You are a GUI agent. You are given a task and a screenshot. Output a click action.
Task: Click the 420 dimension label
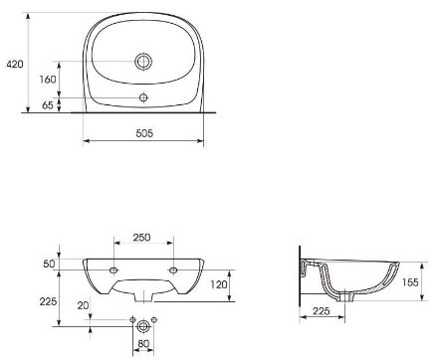tap(15, 64)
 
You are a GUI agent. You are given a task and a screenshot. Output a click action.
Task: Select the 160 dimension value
tap(48, 80)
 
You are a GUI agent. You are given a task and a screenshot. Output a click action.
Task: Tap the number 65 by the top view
tap(48, 105)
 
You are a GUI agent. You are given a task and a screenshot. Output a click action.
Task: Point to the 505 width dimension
tap(144, 133)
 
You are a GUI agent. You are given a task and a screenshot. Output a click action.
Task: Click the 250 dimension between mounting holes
tap(141, 238)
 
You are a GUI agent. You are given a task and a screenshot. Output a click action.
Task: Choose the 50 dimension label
tap(49, 264)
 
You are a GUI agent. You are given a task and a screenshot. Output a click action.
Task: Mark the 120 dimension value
tap(219, 284)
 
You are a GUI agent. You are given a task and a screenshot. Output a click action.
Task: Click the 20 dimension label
tap(83, 305)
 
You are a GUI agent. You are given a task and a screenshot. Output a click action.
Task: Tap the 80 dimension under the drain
tap(143, 344)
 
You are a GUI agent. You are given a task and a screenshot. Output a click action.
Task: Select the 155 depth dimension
tap(410, 282)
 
